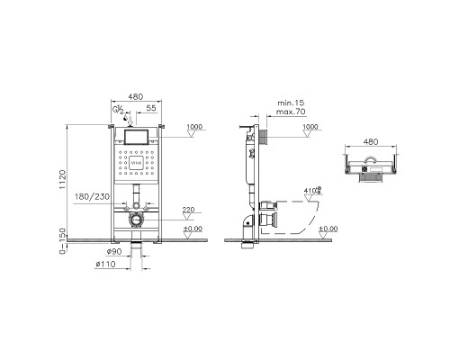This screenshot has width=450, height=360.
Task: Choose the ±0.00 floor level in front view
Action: point(192,229)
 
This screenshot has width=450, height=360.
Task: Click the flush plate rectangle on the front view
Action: point(135,138)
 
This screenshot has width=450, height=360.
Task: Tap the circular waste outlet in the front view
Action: point(136,219)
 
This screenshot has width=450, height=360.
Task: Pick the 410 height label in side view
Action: point(311,190)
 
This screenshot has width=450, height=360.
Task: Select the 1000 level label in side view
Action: point(311,127)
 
